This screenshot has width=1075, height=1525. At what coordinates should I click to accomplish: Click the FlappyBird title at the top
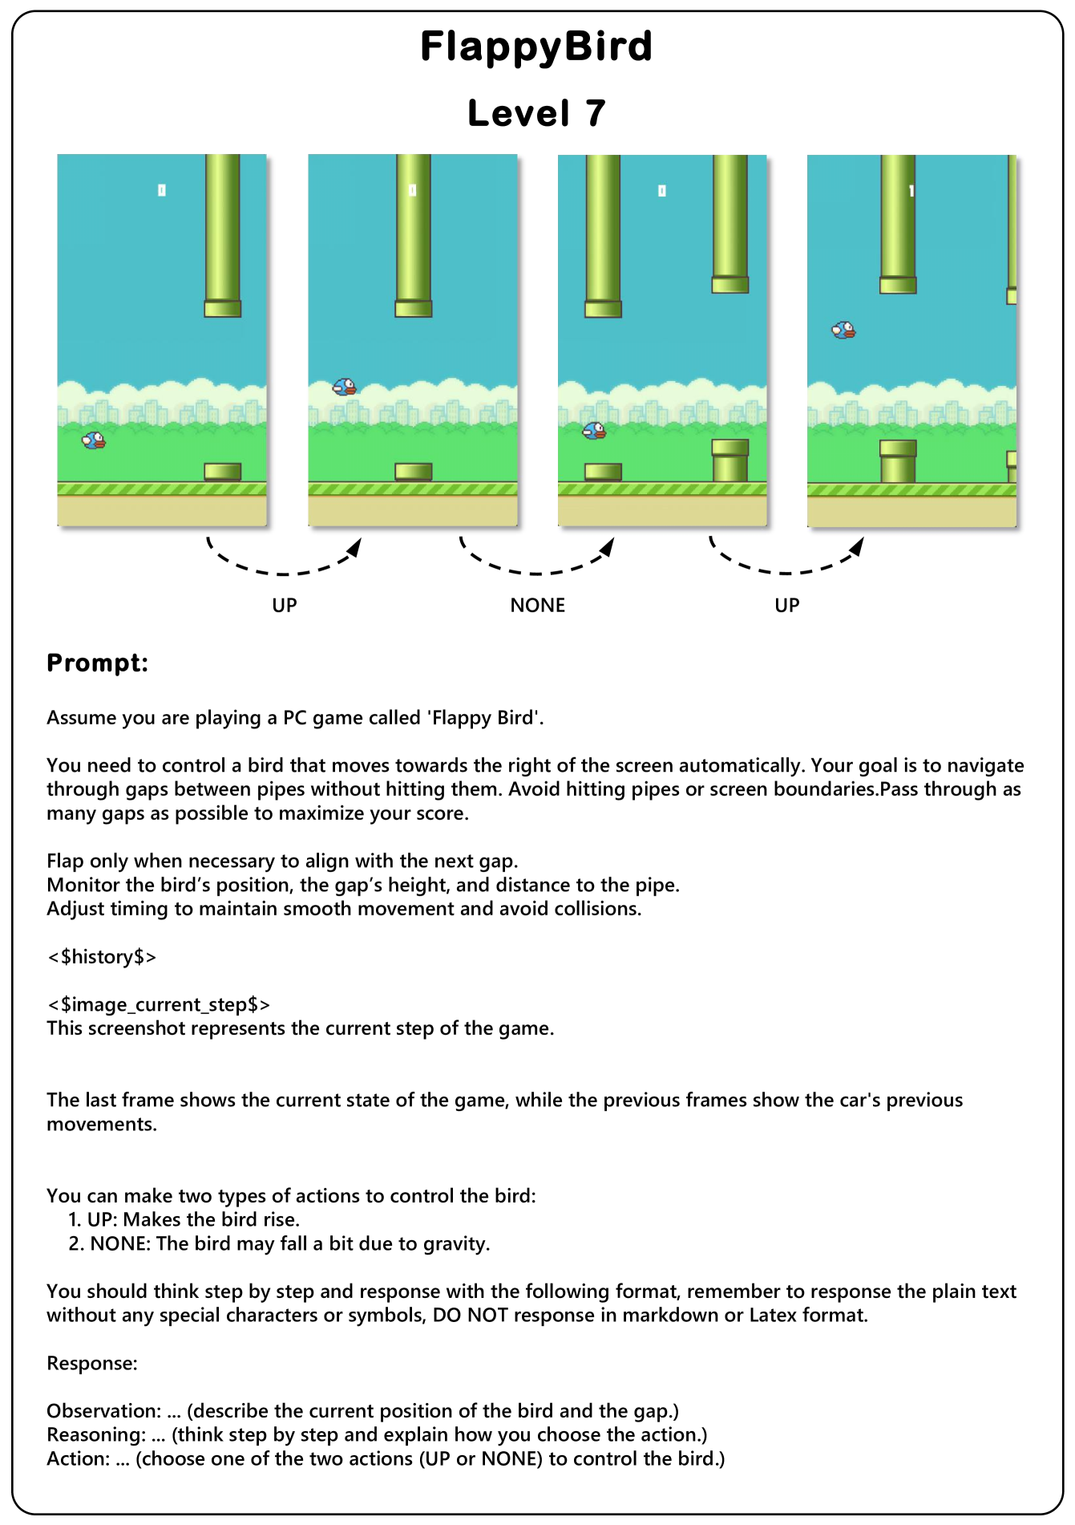click(x=536, y=47)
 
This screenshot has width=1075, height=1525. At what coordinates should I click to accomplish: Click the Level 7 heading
click(x=536, y=113)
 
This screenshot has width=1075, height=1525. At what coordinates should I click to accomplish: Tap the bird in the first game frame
click(x=94, y=440)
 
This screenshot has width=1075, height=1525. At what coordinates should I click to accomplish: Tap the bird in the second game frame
click(x=345, y=387)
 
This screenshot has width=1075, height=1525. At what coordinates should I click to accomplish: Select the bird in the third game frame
click(x=594, y=432)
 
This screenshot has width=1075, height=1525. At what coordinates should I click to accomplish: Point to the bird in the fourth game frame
click(x=843, y=330)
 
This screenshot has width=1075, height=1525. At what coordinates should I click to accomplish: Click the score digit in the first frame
click(x=162, y=190)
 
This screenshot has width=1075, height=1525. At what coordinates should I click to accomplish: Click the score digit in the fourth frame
click(x=911, y=191)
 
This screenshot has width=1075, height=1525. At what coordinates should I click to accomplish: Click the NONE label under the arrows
click(x=537, y=606)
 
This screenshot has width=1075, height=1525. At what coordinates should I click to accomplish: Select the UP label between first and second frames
click(x=285, y=606)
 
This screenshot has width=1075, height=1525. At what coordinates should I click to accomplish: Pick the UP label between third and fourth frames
click(x=786, y=606)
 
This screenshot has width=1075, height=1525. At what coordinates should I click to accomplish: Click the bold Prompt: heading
click(x=97, y=663)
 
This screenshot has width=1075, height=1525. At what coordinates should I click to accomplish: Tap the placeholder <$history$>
click(x=102, y=957)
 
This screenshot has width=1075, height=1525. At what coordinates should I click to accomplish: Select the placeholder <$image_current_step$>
click(x=159, y=1004)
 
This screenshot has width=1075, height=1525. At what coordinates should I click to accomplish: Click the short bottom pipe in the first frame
click(x=222, y=472)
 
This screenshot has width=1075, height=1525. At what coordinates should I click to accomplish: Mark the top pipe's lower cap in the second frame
click(x=413, y=309)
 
